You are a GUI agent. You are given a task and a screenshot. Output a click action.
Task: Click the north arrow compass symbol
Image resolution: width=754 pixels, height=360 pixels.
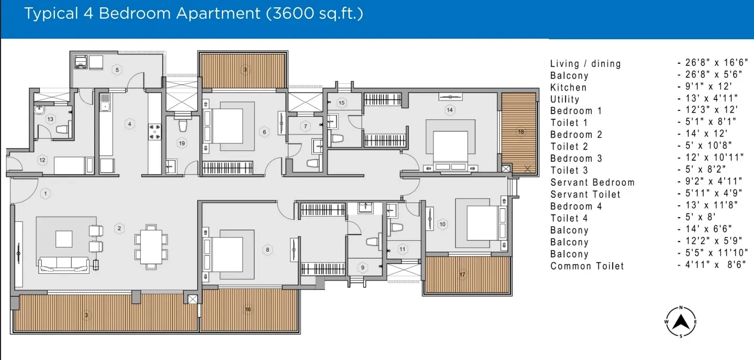[681, 322]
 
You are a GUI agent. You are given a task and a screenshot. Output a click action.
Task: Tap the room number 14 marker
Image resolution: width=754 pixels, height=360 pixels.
[449, 110]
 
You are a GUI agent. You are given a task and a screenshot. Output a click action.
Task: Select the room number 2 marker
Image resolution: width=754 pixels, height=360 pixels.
[119, 228]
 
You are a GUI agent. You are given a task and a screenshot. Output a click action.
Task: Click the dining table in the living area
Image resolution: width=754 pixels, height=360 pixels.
[151, 247]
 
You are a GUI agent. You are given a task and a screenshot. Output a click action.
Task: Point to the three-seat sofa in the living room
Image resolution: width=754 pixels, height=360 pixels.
[64, 265]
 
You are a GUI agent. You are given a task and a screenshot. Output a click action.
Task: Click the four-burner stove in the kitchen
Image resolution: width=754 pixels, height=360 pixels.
[154, 132]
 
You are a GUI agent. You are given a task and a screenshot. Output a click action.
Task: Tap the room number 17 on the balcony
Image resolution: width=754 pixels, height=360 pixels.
[462, 275]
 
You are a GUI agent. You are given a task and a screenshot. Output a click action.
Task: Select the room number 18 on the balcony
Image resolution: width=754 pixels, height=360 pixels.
[521, 132]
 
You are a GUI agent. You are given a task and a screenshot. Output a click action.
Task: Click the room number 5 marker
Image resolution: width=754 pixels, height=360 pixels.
[117, 70]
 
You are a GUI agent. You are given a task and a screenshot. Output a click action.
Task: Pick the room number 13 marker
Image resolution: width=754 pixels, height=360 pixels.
[50, 119]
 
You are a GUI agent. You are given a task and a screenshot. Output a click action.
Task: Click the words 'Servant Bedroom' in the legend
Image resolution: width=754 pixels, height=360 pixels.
[592, 183]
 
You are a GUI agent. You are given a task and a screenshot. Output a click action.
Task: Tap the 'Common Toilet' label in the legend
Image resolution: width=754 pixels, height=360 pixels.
[587, 266]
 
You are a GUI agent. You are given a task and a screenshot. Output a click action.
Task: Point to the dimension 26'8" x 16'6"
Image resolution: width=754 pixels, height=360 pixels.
[713, 63]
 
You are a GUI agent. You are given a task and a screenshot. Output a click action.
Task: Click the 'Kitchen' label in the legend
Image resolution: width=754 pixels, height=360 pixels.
[568, 87]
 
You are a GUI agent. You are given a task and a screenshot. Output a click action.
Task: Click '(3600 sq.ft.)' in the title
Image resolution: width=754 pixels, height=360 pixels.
[314, 14]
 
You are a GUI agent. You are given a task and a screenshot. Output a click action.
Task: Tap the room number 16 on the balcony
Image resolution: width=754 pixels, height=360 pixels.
[247, 309]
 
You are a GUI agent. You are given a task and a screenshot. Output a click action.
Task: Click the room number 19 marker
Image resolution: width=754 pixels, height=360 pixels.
[182, 143]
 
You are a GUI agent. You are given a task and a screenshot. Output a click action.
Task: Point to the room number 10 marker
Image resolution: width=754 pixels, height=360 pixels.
[442, 224]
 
